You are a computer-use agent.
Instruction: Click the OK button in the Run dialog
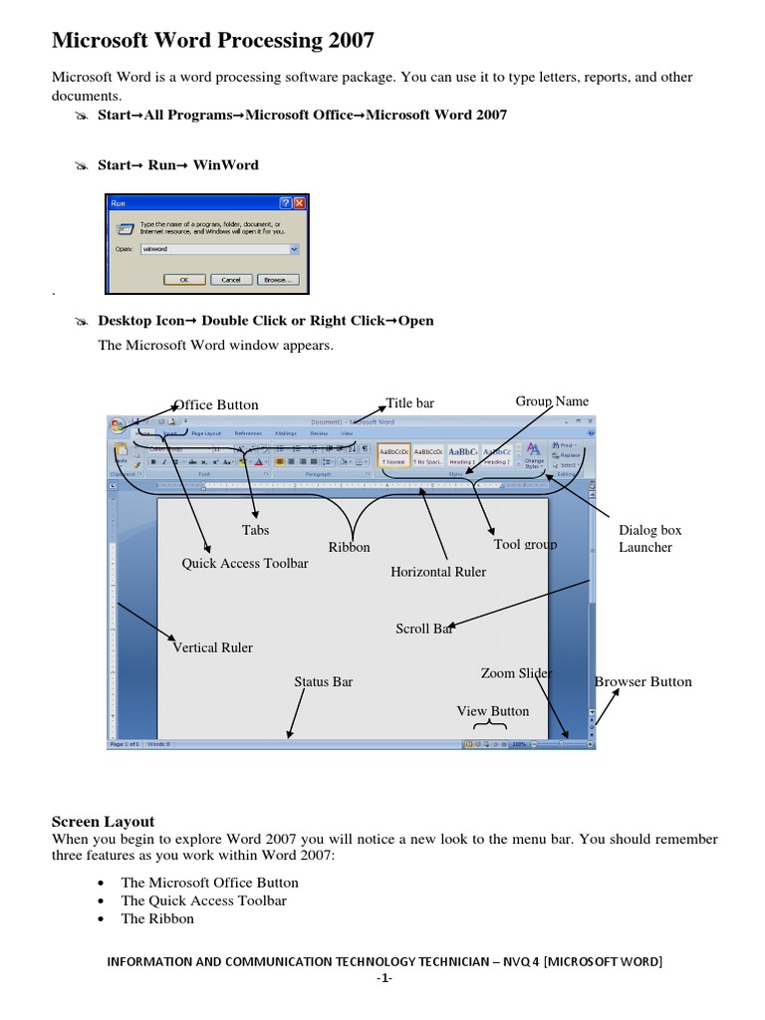pos(183,280)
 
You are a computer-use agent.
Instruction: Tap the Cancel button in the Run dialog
pos(231,280)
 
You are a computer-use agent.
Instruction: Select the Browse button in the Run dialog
pos(278,280)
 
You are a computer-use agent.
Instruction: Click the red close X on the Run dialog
pos(300,202)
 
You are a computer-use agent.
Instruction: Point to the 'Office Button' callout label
pos(216,404)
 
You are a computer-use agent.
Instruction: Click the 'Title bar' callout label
pos(410,403)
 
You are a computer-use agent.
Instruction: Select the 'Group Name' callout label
pos(552,401)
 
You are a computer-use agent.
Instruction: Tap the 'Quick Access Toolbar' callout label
pos(245,563)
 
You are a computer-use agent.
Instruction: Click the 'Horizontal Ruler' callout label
pos(438,572)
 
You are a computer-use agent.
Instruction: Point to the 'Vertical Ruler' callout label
pos(213,647)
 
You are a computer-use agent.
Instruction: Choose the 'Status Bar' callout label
pos(324,682)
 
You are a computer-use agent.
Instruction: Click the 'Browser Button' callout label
pos(643,682)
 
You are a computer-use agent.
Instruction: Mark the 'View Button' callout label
pos(493,711)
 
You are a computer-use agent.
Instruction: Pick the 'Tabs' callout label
pos(256,530)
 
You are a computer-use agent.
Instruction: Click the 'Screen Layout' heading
pos(104,822)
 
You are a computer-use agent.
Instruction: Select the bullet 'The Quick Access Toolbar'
pos(203,900)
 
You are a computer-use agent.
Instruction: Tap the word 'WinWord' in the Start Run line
pos(226,165)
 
